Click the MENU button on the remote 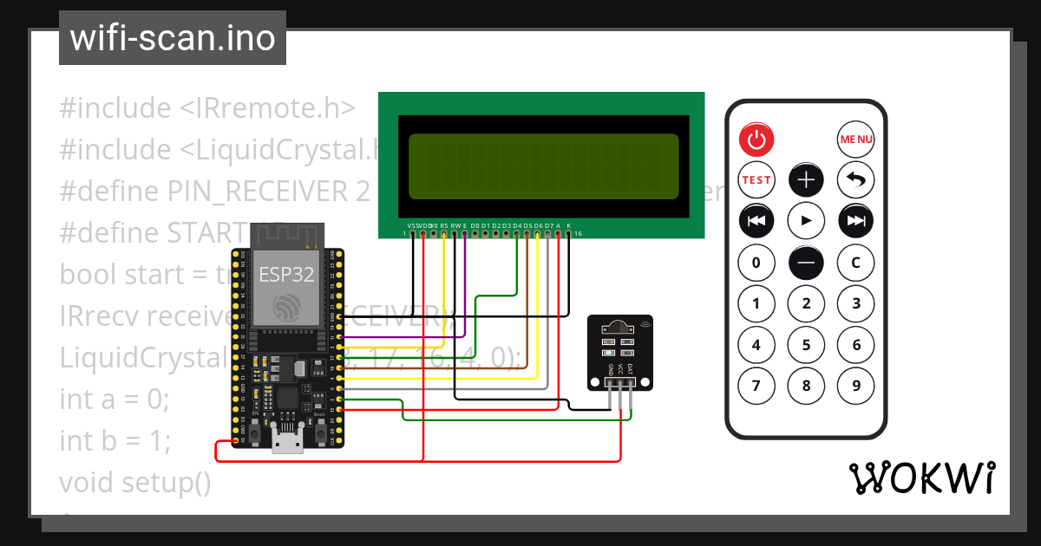click(x=855, y=139)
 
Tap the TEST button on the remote click(x=756, y=180)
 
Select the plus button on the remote click(x=806, y=180)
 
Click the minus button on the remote click(x=806, y=263)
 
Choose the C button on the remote click(x=855, y=263)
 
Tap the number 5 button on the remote click(x=806, y=345)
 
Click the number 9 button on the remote click(x=855, y=386)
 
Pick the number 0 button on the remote click(x=756, y=263)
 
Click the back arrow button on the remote click(x=855, y=180)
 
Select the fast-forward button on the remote click(x=855, y=221)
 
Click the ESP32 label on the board click(x=286, y=275)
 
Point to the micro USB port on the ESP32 click(x=287, y=444)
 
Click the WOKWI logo click(x=921, y=478)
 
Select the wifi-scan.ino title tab click(x=173, y=38)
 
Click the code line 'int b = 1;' click(x=115, y=441)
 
